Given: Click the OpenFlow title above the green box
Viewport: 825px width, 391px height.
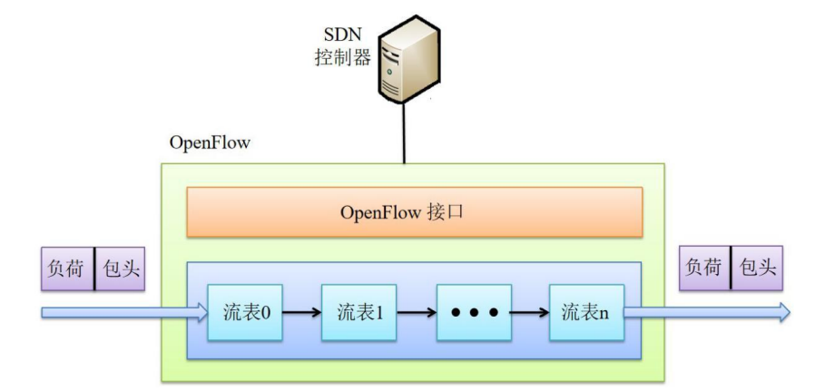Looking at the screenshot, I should point(210,143).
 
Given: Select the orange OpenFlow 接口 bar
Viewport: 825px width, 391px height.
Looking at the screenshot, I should point(415,212).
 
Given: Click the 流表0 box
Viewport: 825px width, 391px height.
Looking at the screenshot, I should point(245,313).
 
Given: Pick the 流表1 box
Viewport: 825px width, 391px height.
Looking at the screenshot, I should point(359,313).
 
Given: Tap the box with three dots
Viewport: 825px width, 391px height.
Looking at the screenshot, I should point(473,313).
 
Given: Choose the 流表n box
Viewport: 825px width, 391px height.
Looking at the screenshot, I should point(585,313).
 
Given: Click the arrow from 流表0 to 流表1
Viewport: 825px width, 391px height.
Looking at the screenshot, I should point(302,313).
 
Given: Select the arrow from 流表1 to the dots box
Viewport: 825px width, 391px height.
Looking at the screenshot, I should point(416,313).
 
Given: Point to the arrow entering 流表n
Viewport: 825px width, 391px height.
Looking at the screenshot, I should point(529,313).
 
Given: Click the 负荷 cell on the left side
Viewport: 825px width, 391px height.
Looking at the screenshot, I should point(68,269).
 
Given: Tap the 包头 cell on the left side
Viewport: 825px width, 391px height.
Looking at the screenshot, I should point(120,269).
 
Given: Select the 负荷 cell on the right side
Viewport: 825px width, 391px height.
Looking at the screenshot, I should point(704,269).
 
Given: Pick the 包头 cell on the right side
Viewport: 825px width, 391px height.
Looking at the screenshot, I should point(757,269).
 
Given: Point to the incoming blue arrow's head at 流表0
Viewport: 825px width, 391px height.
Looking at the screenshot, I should point(200,313).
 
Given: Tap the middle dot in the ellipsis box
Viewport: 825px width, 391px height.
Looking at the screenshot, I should point(473,313).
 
